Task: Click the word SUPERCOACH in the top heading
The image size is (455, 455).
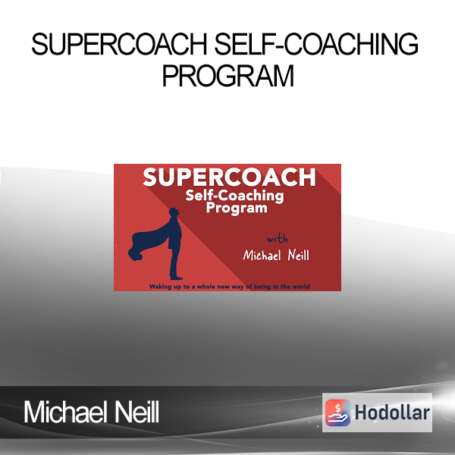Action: (x=119, y=44)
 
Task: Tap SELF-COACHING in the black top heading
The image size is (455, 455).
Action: (x=316, y=44)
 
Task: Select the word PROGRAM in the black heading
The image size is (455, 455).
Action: (x=228, y=75)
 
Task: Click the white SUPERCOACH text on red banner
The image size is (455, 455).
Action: (x=229, y=177)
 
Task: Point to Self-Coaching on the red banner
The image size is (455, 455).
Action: (x=234, y=196)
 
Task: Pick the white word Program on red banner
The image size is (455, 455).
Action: (x=237, y=209)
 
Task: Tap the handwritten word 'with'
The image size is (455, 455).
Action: (x=277, y=238)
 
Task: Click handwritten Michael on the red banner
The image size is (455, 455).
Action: (x=262, y=256)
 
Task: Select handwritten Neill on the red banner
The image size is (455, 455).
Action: (x=298, y=255)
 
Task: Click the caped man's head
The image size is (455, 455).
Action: (x=174, y=212)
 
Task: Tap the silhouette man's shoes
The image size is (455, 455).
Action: (x=176, y=278)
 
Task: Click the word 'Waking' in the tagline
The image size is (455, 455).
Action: (x=159, y=287)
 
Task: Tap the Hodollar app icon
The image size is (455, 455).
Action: (x=337, y=413)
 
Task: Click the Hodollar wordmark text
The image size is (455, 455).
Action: (x=392, y=413)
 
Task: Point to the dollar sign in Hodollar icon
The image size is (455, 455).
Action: (x=337, y=409)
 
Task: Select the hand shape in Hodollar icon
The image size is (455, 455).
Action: (x=337, y=418)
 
